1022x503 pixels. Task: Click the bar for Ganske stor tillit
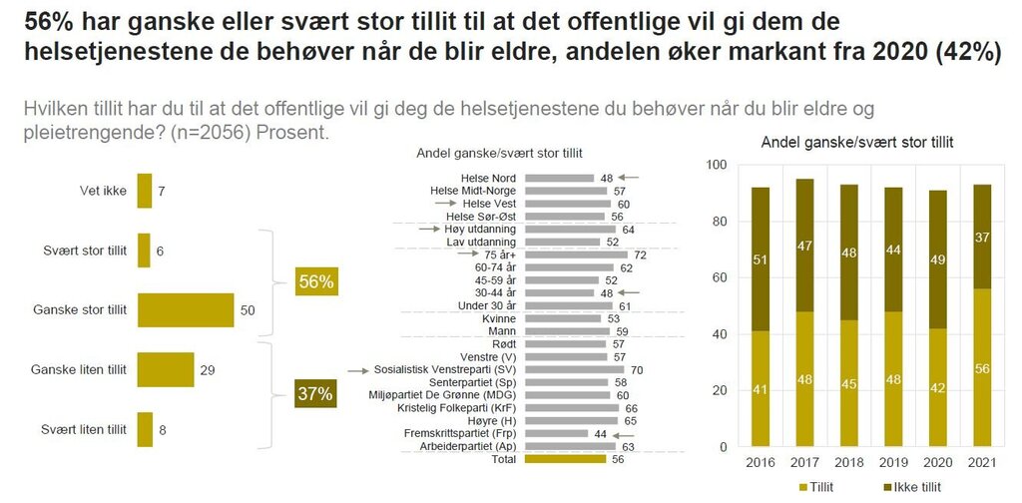click(186, 310)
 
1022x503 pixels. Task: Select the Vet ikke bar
click(145, 191)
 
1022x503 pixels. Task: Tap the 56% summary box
click(316, 282)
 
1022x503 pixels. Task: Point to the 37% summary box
click(316, 393)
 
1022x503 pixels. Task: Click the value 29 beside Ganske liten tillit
click(209, 370)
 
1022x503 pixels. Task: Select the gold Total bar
click(564, 460)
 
